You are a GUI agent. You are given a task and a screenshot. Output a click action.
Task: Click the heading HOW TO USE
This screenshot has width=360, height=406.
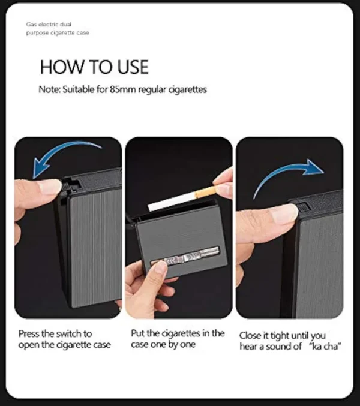coord(94,67)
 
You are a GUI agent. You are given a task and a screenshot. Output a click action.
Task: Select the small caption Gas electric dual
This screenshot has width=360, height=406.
coord(49,25)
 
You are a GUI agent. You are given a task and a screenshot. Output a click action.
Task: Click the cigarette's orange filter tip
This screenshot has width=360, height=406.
coord(205,192)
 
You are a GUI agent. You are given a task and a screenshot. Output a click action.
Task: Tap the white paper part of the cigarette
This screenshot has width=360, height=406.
coord(172,202)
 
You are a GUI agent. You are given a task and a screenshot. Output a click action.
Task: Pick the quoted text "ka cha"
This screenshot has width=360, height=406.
coord(325,346)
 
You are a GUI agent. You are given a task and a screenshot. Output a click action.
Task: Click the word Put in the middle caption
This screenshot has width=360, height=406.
coord(137,333)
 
